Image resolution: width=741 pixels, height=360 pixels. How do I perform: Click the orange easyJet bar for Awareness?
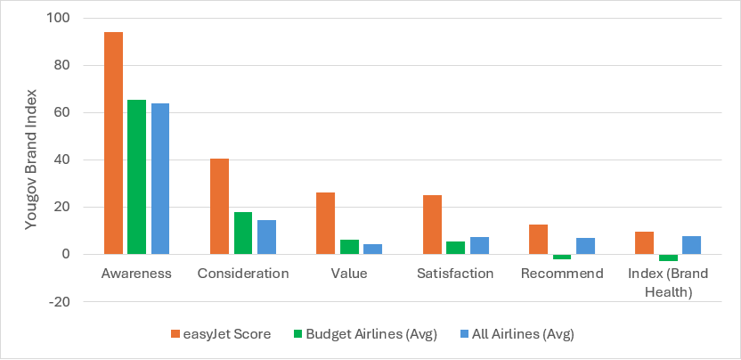[x=113, y=143]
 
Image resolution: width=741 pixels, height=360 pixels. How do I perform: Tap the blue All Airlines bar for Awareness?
[x=159, y=178]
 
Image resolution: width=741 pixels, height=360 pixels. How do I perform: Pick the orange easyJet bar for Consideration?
[x=219, y=206]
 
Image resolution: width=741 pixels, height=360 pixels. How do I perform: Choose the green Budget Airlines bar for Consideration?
[x=243, y=233]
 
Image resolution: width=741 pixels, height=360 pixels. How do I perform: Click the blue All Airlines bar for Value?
[x=372, y=249]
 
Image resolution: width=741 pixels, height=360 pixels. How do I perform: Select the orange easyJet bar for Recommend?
[x=538, y=239]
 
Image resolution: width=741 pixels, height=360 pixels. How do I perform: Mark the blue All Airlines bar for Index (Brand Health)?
[x=691, y=245]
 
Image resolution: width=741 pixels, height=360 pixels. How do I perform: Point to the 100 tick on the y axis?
[x=63, y=19]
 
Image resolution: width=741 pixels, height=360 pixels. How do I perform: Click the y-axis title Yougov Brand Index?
[x=31, y=160]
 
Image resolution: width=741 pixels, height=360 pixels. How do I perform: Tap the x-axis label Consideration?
[x=243, y=274]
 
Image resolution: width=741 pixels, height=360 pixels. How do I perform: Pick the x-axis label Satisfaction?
[x=455, y=274]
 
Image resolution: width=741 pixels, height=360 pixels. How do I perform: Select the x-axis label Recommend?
[x=561, y=274]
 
